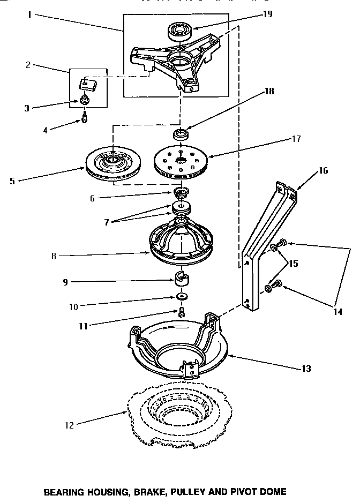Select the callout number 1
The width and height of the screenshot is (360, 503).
click(29, 14)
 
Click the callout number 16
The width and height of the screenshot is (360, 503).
click(323, 171)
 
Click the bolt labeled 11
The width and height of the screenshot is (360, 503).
click(181, 312)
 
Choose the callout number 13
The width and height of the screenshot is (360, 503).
click(305, 369)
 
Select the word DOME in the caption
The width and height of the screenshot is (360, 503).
click(273, 491)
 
